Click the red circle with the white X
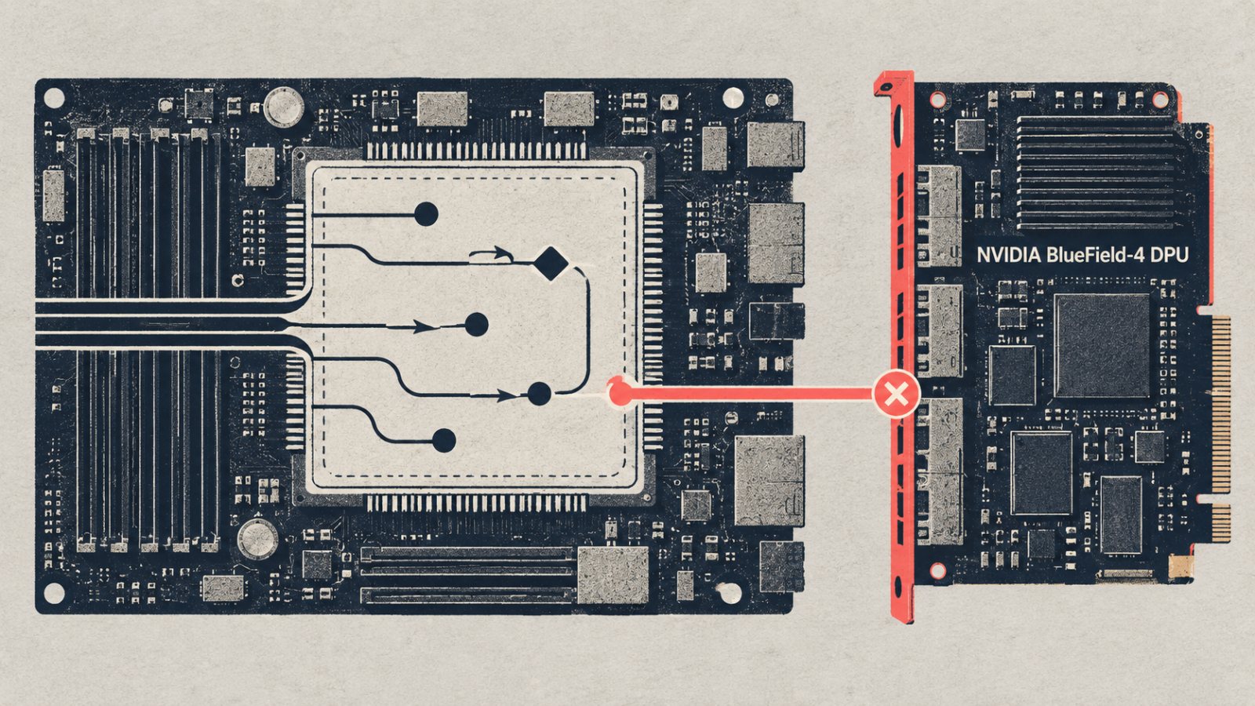tap(897, 394)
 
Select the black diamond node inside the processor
tap(550, 264)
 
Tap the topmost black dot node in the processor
tap(426, 214)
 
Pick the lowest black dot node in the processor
tap(444, 441)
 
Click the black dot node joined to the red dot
tap(539, 394)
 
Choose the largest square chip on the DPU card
tap(1101, 346)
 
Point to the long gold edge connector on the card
tap(1220, 405)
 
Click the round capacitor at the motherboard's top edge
tap(284, 107)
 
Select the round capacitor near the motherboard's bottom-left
tap(258, 539)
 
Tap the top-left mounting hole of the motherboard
tap(54, 98)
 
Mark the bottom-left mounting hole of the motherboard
tap(54, 593)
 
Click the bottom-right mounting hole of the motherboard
tap(729, 593)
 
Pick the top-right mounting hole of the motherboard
tap(733, 98)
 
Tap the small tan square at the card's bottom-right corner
tap(1181, 566)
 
